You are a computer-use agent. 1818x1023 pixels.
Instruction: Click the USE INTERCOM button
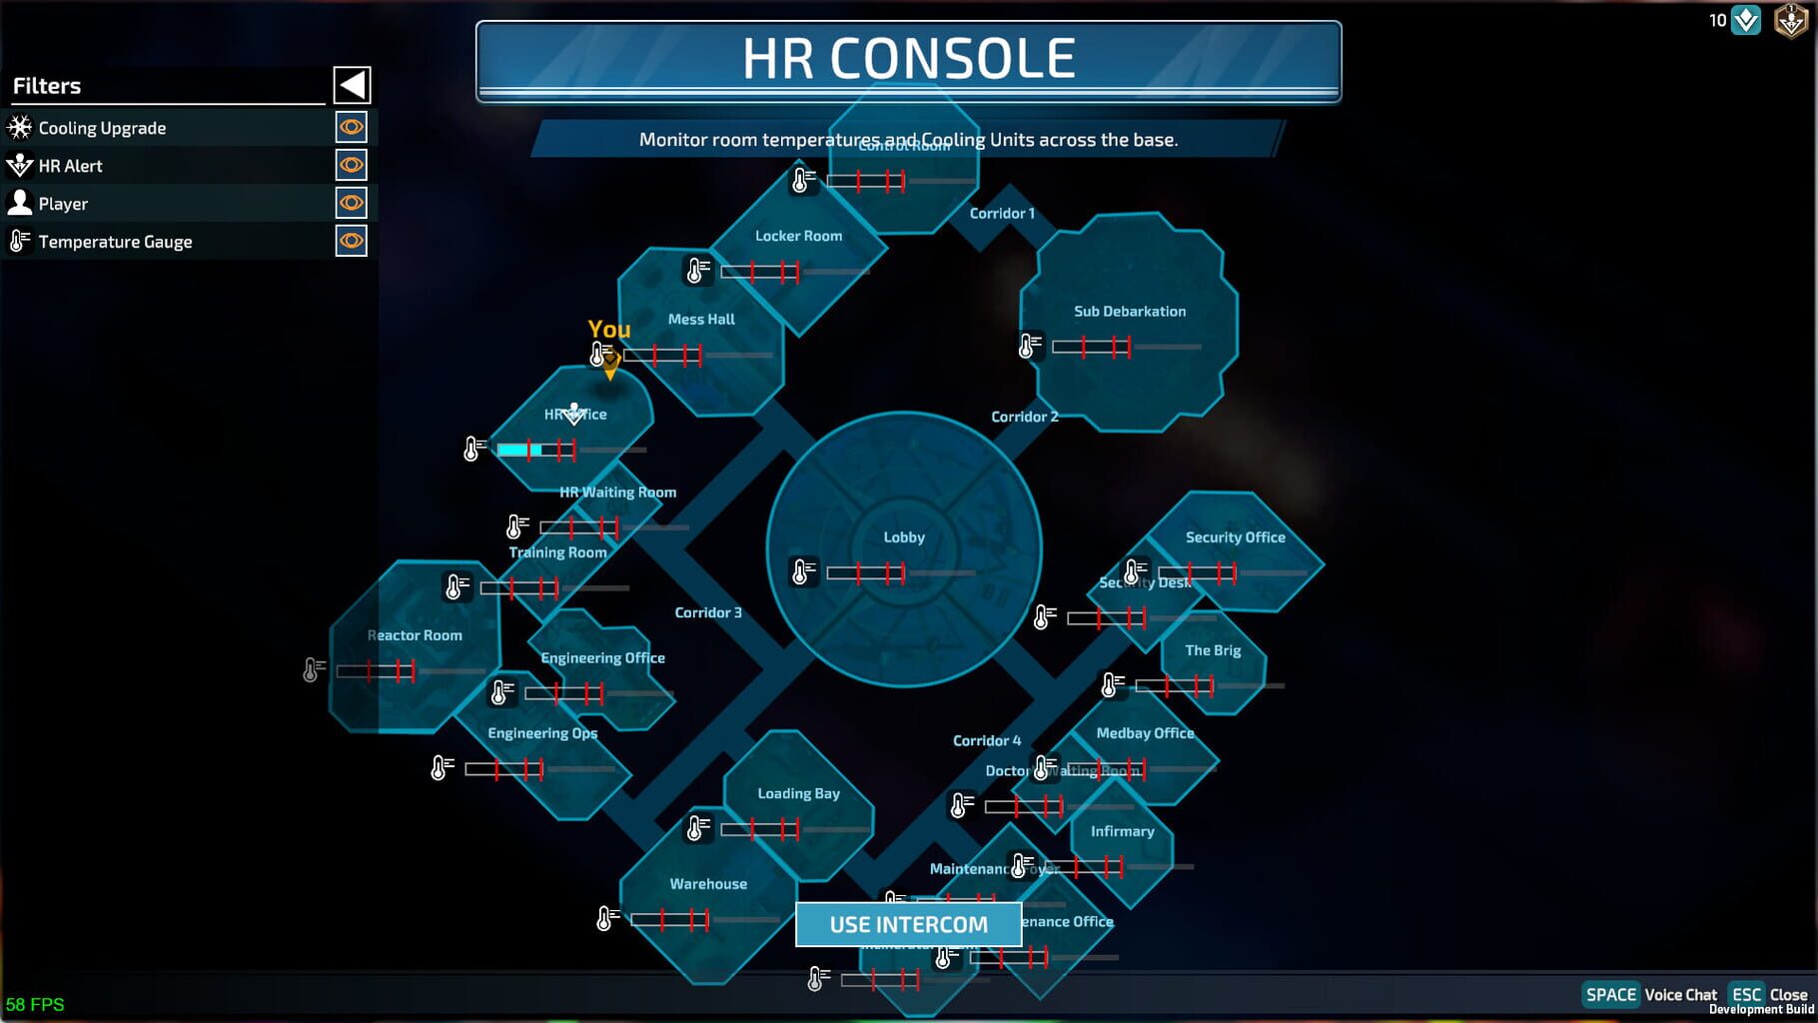[x=908, y=924]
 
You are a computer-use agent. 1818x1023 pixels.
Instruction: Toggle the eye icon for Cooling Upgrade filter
[x=351, y=127]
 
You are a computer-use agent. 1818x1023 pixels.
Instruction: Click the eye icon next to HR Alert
[x=351, y=165]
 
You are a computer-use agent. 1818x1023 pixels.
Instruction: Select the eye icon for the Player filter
[x=351, y=203]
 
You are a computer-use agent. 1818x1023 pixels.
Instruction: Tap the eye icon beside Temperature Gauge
[x=351, y=241]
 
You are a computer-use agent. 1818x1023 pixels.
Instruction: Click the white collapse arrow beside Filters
[x=352, y=85]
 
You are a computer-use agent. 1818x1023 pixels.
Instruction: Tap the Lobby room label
[x=903, y=537]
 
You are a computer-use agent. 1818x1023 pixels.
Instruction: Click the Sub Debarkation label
[x=1129, y=312]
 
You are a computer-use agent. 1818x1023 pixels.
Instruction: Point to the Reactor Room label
[x=415, y=635]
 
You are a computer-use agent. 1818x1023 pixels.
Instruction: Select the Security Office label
[x=1235, y=537]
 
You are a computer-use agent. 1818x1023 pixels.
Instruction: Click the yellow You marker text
[x=608, y=329]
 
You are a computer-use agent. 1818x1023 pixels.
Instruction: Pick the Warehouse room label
[x=707, y=884]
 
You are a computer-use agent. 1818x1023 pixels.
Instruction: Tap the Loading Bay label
[x=798, y=793]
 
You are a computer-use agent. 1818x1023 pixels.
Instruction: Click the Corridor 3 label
[x=707, y=612]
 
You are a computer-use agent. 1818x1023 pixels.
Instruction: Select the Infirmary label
[x=1122, y=831]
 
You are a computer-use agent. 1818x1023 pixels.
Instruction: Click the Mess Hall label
[x=700, y=320]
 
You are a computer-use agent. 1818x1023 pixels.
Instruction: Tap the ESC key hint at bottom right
[x=1745, y=994]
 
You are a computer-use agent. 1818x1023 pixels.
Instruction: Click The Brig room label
[x=1212, y=650]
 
